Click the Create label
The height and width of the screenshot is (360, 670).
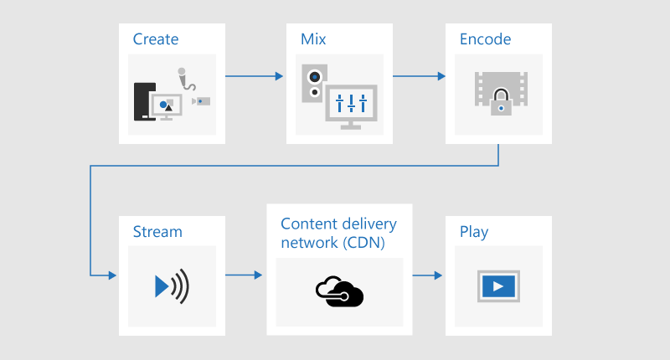pos(156,39)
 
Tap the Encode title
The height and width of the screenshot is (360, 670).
pos(485,39)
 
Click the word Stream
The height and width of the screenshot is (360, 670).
pos(157,231)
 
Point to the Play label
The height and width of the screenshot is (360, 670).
pos(474,231)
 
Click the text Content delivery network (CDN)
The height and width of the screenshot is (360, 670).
pos(338,233)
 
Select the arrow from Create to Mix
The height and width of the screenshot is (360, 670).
pos(255,76)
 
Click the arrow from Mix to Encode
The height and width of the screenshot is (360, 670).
pos(419,76)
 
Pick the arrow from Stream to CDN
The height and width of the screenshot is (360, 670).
pos(245,275)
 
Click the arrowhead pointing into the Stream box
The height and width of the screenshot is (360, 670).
pos(112,275)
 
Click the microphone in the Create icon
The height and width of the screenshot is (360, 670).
pos(185,80)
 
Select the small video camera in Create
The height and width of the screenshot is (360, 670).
pos(201,101)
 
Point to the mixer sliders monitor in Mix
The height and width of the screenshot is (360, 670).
pos(351,105)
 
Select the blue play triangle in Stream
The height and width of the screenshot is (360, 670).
pos(162,286)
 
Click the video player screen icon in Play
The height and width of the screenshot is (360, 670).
pos(498,285)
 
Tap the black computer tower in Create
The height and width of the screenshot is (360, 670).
pos(142,101)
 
